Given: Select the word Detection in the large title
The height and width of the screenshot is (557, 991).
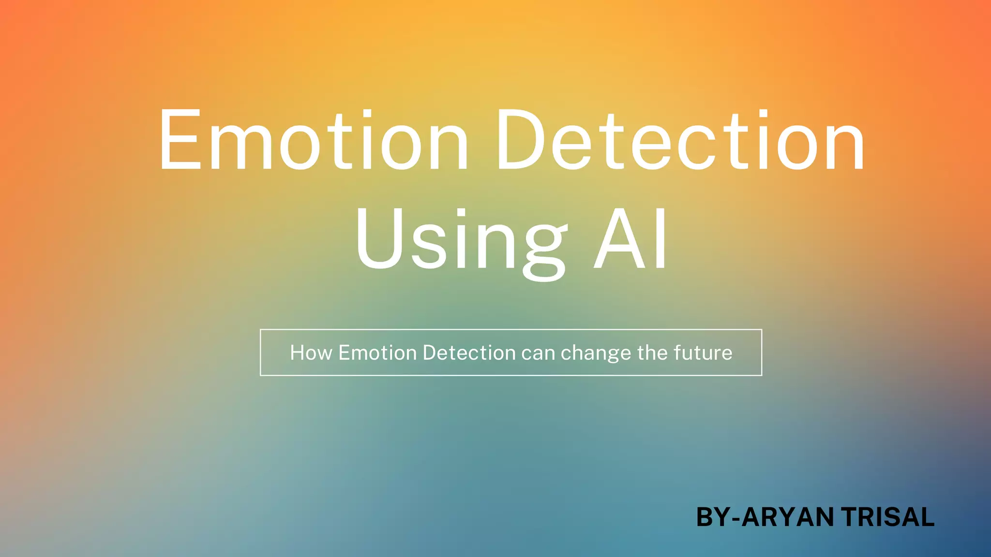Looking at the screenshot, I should pyautogui.click(x=680, y=140).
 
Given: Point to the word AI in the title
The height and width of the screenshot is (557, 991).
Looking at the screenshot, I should pyautogui.click(x=631, y=239).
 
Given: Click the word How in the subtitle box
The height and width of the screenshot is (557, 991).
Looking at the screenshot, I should pyautogui.click(x=311, y=353).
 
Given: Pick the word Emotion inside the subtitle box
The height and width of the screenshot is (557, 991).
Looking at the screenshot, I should pyautogui.click(x=377, y=353).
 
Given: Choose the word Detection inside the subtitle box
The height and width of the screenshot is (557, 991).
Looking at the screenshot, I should pyautogui.click(x=469, y=353).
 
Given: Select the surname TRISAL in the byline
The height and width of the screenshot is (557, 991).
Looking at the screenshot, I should pyautogui.click(x=887, y=517).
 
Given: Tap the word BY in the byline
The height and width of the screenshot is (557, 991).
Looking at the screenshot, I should pyautogui.click(x=713, y=517).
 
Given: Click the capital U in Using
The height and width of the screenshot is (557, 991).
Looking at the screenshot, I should pyautogui.click(x=379, y=239).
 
